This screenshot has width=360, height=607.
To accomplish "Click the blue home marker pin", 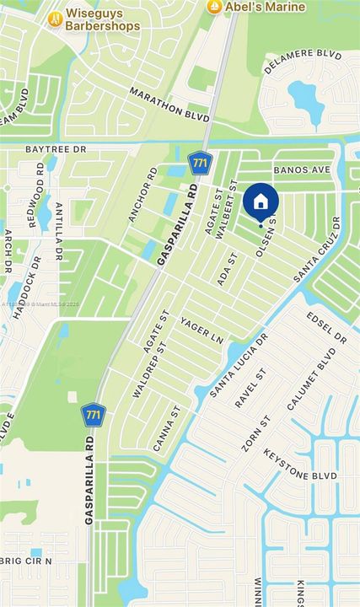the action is point(261,201).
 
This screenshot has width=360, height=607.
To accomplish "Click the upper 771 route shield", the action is point(200,161).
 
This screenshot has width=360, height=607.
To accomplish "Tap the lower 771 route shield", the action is point(93,415).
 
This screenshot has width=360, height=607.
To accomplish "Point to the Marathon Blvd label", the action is point(169,105).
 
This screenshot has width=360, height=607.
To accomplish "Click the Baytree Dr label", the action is point(56,149).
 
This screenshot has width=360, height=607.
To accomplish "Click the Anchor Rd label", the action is point(142,195).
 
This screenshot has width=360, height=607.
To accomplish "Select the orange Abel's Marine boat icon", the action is point(214,7).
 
